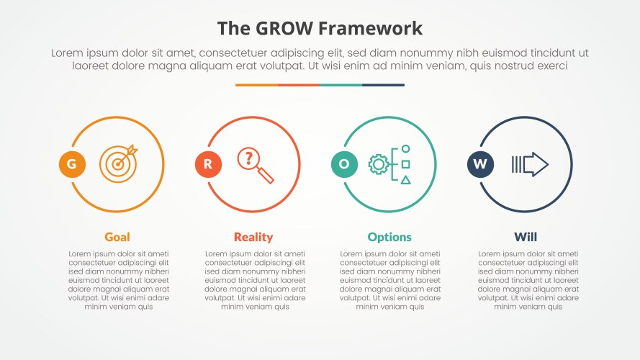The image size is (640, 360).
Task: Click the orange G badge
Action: (71, 165)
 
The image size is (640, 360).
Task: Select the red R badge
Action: (208, 165)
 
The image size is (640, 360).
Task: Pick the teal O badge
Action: (344, 165)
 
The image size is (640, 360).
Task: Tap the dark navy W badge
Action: (480, 165)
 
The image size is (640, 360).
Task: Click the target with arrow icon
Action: (117, 163)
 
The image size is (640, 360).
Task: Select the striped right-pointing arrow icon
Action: (530, 165)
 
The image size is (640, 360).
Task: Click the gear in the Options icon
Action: (378, 165)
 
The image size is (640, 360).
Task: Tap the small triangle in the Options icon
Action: (406, 180)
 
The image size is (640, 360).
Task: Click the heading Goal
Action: (117, 237)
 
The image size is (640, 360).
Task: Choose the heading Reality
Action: (253, 237)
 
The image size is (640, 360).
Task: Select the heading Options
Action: (389, 237)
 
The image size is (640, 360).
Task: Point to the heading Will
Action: (526, 237)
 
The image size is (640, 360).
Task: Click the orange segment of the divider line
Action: (256, 85)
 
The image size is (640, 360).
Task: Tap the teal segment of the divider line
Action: (341, 85)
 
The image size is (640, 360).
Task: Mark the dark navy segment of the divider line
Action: (383, 85)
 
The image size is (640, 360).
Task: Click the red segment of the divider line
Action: (299, 85)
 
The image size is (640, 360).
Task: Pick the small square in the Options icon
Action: (406, 164)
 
